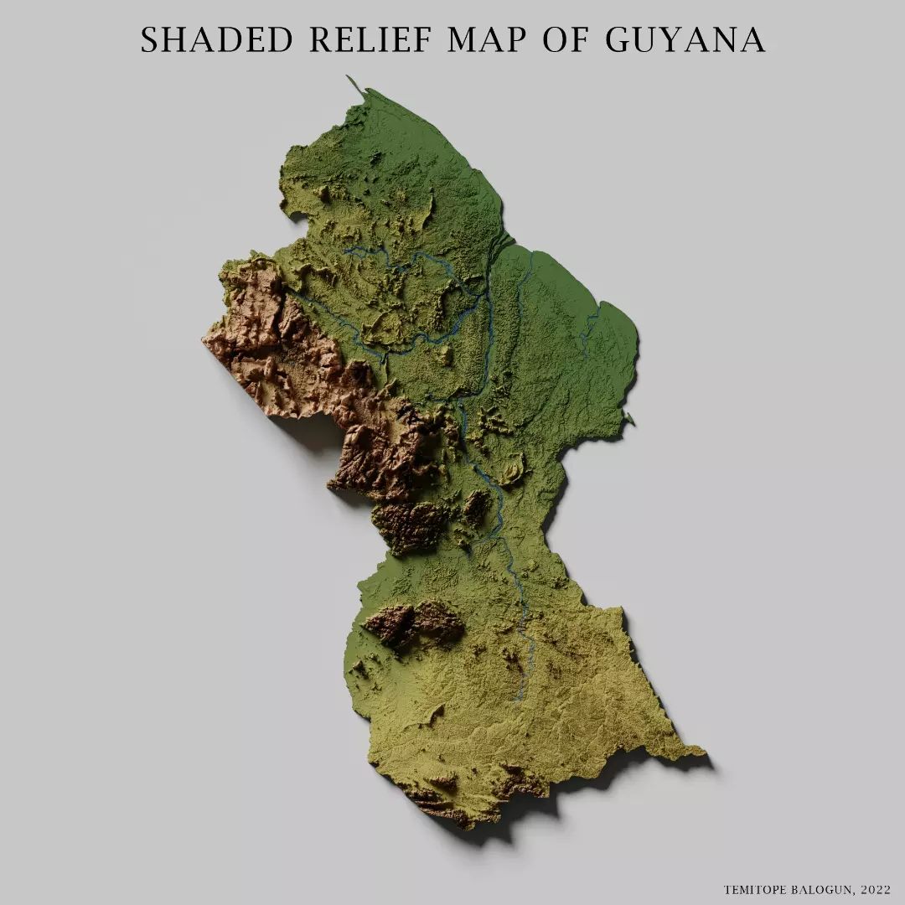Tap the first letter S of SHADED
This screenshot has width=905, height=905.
(148, 39)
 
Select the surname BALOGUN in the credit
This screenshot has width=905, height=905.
(822, 889)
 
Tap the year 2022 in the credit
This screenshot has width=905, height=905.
(875, 889)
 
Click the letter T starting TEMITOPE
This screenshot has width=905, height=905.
(727, 889)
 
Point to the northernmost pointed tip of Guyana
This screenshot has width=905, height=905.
(348, 77)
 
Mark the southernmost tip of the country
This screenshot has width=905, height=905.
(469, 826)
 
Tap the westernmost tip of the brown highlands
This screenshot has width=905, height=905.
(204, 339)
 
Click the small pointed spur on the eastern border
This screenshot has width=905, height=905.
(631, 421)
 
